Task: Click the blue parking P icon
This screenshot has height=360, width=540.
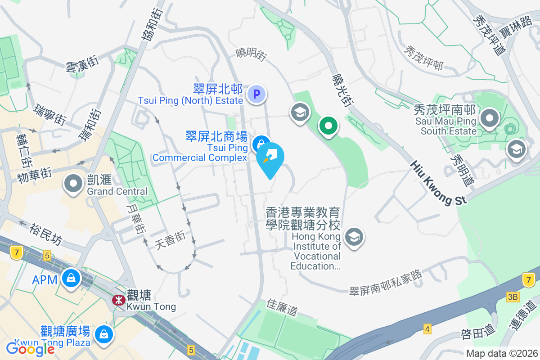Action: click(257, 94)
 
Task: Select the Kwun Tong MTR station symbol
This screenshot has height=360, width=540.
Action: click(119, 300)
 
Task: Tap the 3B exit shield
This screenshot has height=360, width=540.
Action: click(513, 297)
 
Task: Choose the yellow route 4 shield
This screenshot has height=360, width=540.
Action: click(427, 329)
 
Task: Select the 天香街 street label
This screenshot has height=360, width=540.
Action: click(170, 241)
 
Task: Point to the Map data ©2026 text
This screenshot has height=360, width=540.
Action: click(502, 353)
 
